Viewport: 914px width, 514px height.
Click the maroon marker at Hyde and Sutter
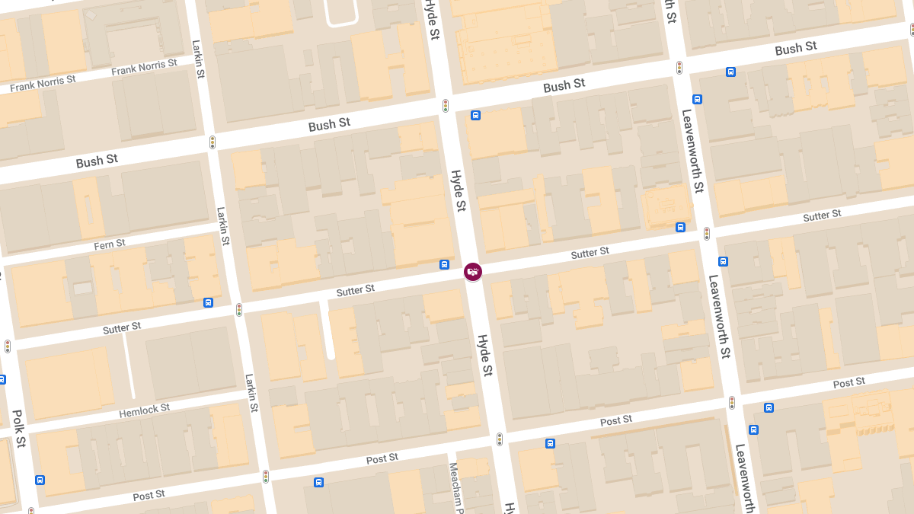(x=473, y=271)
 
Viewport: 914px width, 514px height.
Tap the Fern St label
(x=110, y=244)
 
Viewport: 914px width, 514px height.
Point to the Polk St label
(x=19, y=428)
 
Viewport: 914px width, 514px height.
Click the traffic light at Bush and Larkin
(x=213, y=142)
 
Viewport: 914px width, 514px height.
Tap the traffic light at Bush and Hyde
(x=446, y=106)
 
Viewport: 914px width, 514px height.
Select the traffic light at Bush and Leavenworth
(x=679, y=68)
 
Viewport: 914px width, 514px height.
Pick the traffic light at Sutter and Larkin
(x=238, y=309)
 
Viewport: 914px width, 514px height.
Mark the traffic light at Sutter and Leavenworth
(x=707, y=234)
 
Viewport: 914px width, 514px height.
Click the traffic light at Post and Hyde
(x=500, y=439)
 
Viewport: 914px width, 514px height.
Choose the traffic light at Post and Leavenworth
(x=731, y=402)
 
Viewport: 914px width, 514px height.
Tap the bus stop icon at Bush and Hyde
(x=475, y=116)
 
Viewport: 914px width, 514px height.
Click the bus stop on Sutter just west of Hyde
(x=444, y=265)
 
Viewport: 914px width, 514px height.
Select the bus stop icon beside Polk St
(x=40, y=480)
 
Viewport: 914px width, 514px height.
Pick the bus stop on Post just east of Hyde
(x=550, y=443)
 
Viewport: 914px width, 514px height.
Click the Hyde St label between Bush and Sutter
(x=458, y=190)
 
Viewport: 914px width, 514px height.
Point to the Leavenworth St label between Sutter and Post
(x=719, y=316)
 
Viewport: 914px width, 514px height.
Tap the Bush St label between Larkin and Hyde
(x=329, y=124)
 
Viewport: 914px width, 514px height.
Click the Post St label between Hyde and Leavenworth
(x=615, y=420)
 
